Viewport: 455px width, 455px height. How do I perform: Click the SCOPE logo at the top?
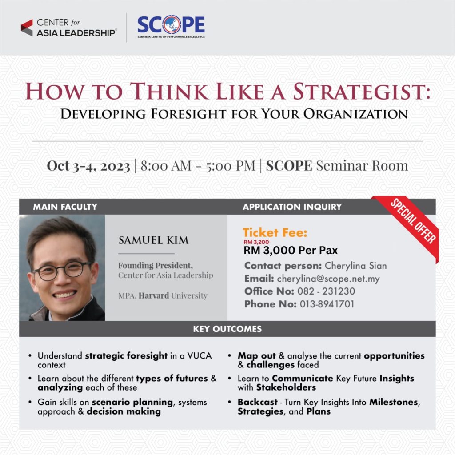171,26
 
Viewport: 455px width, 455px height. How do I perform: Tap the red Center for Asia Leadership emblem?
27,28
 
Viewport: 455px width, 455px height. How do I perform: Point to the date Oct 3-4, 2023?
88,166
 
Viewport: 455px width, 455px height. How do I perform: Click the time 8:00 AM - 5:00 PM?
198,166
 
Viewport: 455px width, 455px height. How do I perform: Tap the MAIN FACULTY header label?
65,207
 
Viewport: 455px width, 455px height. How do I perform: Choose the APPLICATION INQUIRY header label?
292,207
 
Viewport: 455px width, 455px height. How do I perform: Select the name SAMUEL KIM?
153,240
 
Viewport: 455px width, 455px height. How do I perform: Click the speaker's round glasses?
62,271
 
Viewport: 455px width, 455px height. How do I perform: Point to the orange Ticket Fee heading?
275,233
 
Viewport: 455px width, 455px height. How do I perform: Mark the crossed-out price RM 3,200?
256,242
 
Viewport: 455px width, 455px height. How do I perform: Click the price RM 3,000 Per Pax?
291,250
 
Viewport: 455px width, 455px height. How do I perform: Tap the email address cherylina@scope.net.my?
328,279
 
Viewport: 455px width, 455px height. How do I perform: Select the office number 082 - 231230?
326,291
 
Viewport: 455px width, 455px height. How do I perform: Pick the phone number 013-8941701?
327,304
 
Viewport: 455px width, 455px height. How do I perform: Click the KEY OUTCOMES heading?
227,329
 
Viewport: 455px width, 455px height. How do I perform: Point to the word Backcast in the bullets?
257,402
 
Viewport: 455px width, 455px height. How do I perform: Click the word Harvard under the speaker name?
153,295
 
